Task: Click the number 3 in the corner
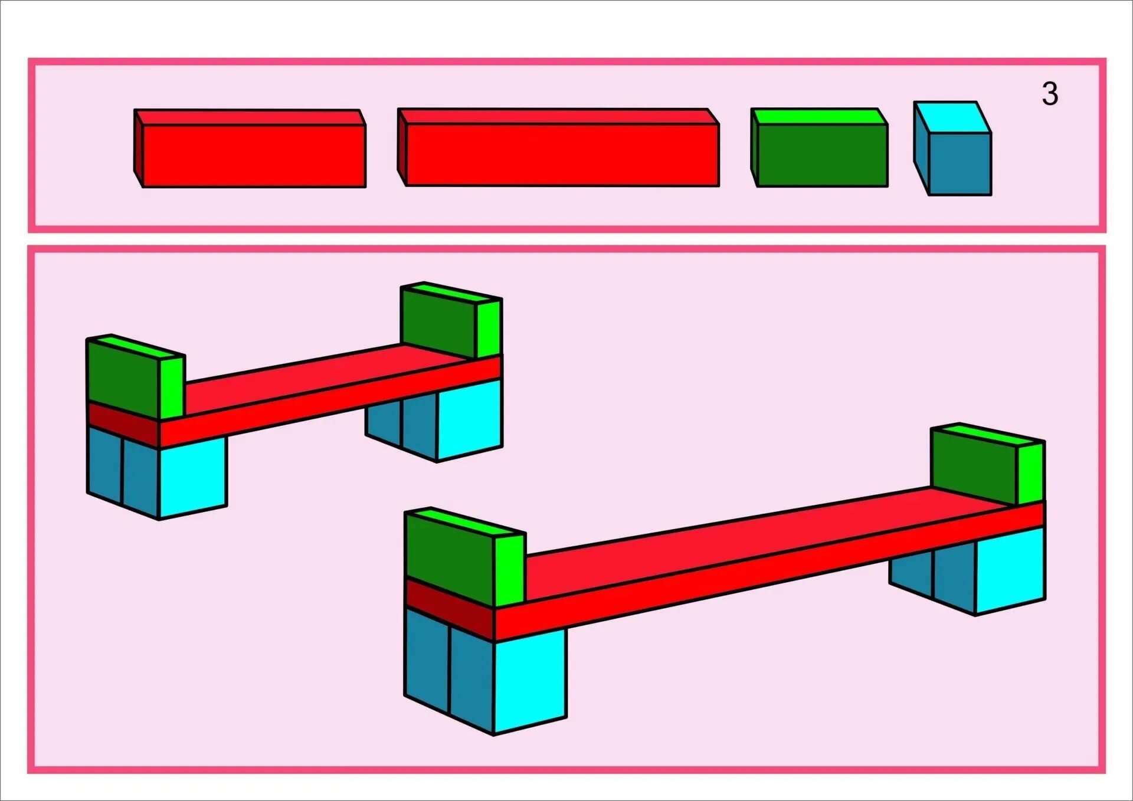click(1050, 94)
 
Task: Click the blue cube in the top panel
click(960, 163)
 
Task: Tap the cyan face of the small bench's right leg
click(470, 419)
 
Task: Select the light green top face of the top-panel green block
click(820, 117)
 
